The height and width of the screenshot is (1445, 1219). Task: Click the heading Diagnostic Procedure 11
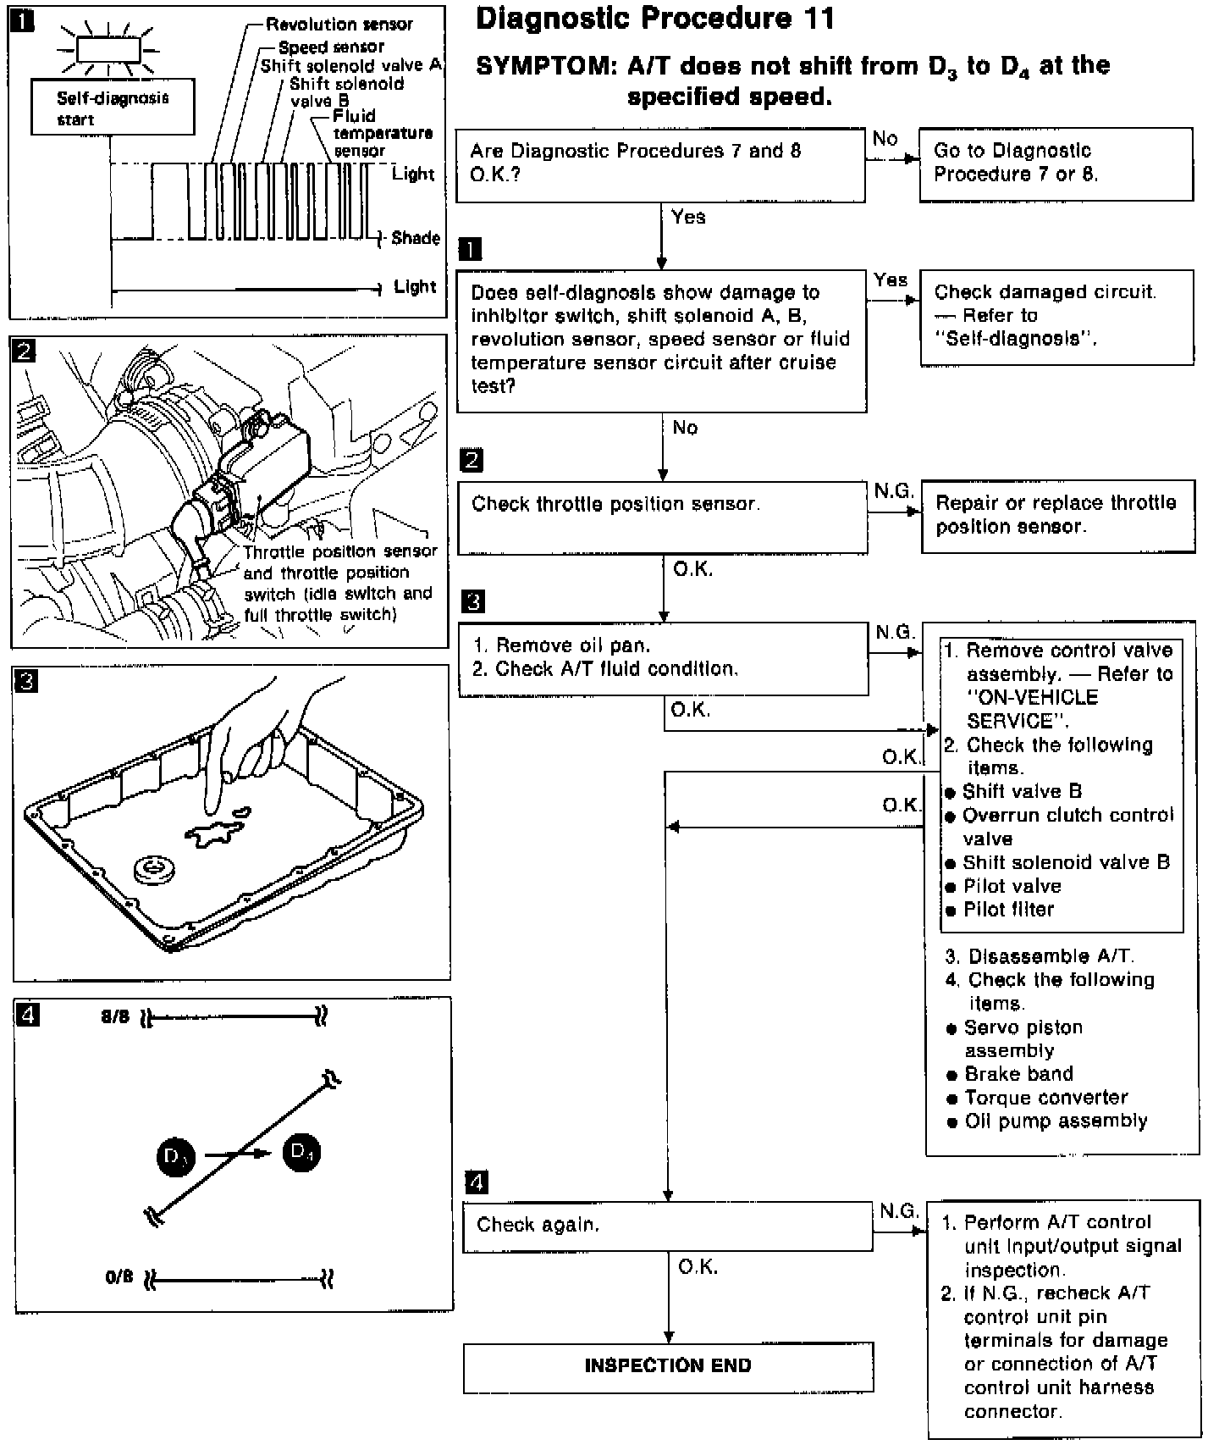click(655, 19)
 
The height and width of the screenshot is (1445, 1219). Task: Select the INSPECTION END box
click(667, 1366)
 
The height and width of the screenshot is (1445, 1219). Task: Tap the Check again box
click(667, 1225)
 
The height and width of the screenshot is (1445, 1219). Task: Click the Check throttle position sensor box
click(662, 518)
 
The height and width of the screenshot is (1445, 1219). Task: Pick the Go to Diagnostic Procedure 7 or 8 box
click(1056, 163)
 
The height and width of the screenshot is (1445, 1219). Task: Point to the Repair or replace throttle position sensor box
click(1057, 516)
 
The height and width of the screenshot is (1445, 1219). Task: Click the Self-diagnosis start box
click(113, 108)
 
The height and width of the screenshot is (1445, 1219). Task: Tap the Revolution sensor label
click(339, 25)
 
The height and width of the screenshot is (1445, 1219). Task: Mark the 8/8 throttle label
click(115, 1016)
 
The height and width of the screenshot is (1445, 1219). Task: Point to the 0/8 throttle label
click(119, 1276)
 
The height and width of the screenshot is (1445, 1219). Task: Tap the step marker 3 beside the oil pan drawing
click(27, 680)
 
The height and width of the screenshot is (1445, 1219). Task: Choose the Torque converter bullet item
click(1045, 1098)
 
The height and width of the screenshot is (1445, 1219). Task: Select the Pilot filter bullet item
click(1008, 910)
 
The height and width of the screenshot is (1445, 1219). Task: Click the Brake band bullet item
click(1018, 1074)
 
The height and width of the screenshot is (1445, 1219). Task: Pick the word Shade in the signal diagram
click(415, 238)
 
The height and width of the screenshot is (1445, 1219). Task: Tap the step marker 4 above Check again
click(477, 1182)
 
